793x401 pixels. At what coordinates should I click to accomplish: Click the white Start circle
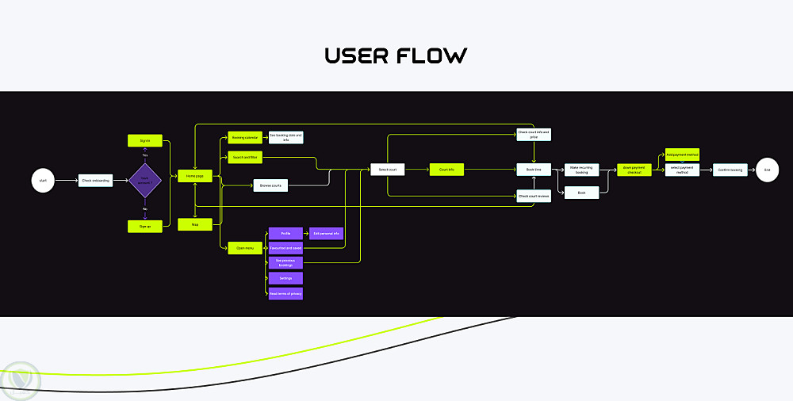coord(43,181)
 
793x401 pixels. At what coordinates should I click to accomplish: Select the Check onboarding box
coord(95,181)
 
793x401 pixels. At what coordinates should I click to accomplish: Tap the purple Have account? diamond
coord(145,181)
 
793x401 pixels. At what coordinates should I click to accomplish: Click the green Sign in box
coord(145,140)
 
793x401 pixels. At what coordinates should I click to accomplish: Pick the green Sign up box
coord(145,226)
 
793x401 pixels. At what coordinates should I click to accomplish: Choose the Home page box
coord(195,176)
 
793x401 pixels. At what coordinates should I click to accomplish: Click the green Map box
coord(195,224)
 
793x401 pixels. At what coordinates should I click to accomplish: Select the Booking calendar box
coord(244,137)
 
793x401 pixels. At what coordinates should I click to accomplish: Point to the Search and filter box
coord(244,157)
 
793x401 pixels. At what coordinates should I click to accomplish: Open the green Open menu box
coord(244,248)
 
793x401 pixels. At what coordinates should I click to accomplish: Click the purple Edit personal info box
coord(326,234)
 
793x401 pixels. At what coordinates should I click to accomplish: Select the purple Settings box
coord(285,278)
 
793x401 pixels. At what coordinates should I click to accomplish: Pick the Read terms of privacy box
coord(285,293)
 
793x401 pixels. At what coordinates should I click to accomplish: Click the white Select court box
coord(388,169)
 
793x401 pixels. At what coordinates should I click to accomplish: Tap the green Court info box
coord(446,169)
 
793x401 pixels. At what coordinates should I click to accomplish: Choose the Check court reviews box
coord(534,196)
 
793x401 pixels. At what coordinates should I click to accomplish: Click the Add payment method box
coord(682,155)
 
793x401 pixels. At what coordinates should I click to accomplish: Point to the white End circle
coord(767,170)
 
